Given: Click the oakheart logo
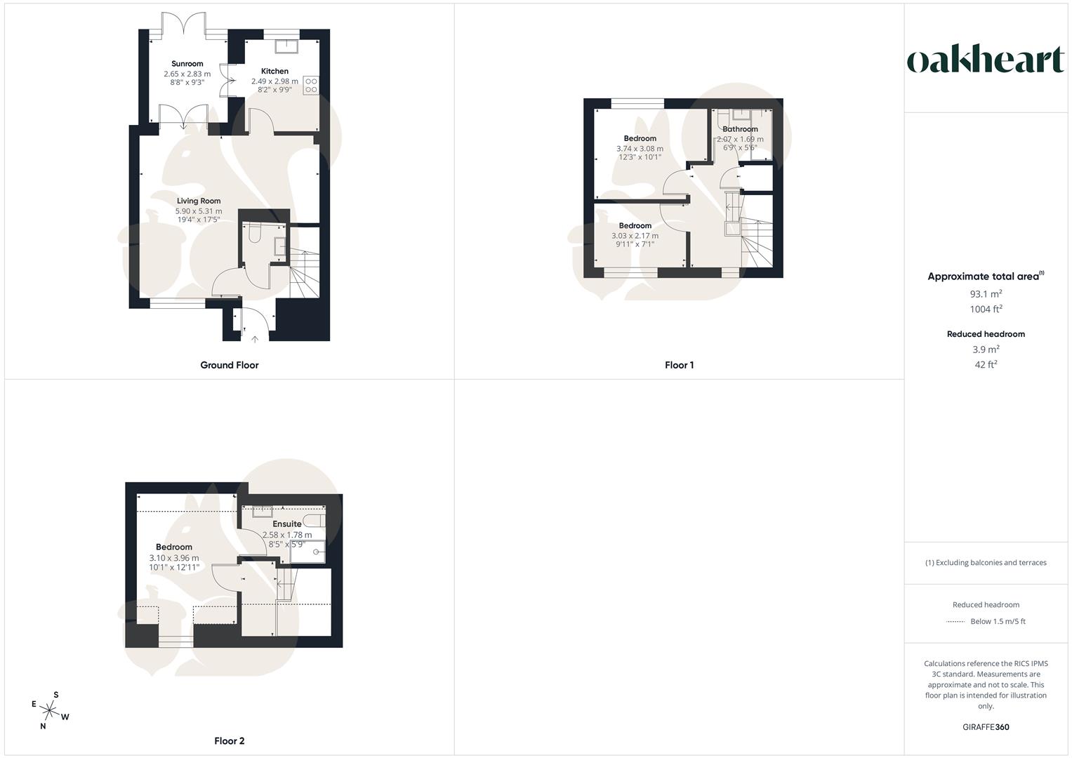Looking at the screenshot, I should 985,60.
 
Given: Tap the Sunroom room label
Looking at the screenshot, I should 187,64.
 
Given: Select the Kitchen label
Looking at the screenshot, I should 274,71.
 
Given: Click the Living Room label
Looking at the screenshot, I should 199,201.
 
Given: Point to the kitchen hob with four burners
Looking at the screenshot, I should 310,85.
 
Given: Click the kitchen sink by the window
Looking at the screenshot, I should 286,46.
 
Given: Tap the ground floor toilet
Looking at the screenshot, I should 255,232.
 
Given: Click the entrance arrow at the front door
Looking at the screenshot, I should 254,338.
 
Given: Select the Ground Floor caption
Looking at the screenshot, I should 230,365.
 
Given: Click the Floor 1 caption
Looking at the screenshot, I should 679,365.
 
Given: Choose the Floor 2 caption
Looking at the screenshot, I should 230,740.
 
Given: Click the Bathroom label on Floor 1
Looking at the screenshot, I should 740,129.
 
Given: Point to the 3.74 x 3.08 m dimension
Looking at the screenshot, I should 640,148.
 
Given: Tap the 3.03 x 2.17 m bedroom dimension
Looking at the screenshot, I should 635,236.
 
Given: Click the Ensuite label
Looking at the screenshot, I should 287,524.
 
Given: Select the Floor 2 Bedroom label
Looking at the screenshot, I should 174,547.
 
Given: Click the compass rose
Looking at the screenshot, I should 50,712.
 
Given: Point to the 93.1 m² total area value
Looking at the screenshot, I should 986,294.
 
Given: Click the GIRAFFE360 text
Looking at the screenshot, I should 986,727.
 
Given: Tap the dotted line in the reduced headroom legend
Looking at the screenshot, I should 955,621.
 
